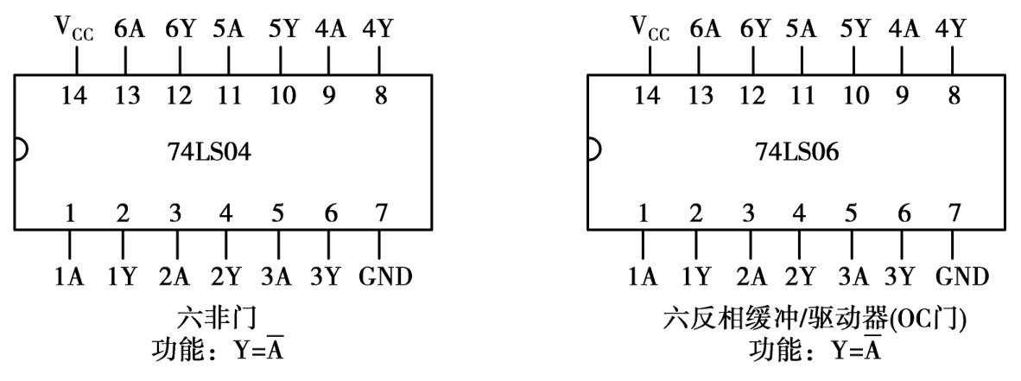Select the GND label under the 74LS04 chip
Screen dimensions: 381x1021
385,276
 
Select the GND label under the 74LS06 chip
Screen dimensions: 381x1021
961,276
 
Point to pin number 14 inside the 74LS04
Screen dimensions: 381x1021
76,96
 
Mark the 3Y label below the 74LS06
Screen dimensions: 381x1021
903,276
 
